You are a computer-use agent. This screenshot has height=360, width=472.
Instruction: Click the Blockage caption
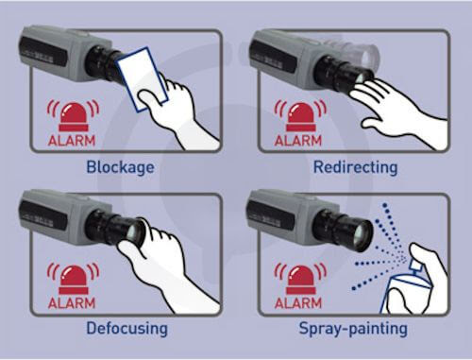(x=120, y=167)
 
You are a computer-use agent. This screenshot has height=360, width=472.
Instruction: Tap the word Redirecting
(x=356, y=167)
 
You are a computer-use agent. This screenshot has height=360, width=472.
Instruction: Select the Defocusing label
(x=126, y=328)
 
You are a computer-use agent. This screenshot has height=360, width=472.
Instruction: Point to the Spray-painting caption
(x=353, y=329)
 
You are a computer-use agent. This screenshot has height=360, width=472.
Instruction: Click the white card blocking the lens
(x=142, y=78)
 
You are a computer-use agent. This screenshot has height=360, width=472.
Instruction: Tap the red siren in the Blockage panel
(x=74, y=116)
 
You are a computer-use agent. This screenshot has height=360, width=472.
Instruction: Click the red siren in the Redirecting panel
(x=301, y=116)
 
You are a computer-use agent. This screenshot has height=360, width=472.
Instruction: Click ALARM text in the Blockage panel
(x=72, y=141)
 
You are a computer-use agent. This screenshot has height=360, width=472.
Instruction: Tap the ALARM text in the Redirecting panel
(x=298, y=141)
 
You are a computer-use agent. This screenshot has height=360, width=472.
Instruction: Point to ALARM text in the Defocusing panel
(x=72, y=303)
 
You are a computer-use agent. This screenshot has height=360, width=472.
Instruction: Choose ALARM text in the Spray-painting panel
(x=298, y=303)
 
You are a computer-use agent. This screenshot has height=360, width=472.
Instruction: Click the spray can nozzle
(x=415, y=266)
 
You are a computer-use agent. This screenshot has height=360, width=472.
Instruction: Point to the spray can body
(x=406, y=295)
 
